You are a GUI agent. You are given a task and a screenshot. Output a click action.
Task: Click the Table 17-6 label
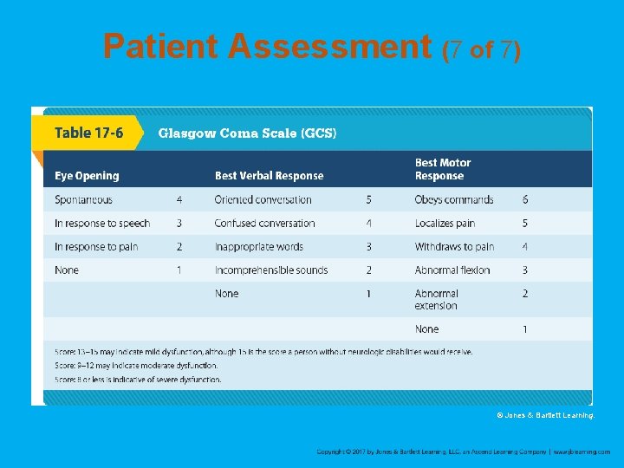pyautogui.click(x=88, y=133)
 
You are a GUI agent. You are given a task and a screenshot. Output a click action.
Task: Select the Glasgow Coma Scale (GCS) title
pyautogui.click(x=246, y=133)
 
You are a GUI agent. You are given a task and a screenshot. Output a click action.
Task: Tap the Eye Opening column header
pyautogui.click(x=87, y=176)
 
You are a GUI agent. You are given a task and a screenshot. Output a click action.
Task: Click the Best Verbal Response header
pyautogui.click(x=269, y=176)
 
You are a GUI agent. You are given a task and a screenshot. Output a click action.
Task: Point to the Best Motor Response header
pyautogui.click(x=443, y=169)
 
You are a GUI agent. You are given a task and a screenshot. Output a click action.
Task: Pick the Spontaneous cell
pyautogui.click(x=83, y=200)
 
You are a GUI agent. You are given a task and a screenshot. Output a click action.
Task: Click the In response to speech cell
pyautogui.click(x=102, y=224)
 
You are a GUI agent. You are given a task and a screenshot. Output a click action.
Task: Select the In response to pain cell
pyautogui.click(x=96, y=247)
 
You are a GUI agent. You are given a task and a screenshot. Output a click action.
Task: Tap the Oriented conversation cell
pyautogui.click(x=263, y=200)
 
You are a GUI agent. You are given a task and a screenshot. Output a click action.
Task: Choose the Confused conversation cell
pyautogui.click(x=264, y=224)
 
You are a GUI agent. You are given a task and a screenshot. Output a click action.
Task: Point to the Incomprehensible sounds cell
pyautogui.click(x=271, y=270)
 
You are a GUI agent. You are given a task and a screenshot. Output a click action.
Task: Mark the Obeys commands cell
pyautogui.click(x=453, y=200)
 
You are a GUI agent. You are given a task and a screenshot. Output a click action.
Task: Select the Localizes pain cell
pyautogui.click(x=445, y=224)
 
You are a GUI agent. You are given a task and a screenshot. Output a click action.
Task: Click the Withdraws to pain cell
pyautogui.click(x=454, y=247)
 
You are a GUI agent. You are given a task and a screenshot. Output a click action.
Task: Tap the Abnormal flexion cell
pyautogui.click(x=452, y=270)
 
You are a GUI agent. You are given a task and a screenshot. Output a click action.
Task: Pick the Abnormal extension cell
pyautogui.click(x=437, y=299)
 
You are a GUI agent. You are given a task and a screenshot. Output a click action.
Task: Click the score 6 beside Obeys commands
pyautogui.click(x=525, y=200)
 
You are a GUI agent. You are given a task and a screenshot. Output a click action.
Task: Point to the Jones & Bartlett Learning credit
pyautogui.click(x=545, y=416)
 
